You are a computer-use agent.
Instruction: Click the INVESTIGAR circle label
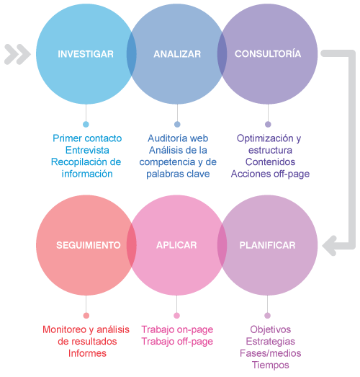(86, 54)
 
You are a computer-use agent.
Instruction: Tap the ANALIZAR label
(177, 54)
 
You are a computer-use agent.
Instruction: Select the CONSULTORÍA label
(268, 53)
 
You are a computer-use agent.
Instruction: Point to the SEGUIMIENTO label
(89, 245)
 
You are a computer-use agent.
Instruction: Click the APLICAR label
(176, 245)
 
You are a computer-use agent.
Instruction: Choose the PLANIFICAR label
(267, 245)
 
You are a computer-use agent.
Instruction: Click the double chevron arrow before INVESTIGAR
(17, 54)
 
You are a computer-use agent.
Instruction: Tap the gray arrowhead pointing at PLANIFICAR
(330, 246)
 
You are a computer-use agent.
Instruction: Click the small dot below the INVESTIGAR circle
(86, 124)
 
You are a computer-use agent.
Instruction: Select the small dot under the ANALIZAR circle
(177, 124)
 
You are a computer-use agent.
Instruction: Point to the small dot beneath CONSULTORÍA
(268, 124)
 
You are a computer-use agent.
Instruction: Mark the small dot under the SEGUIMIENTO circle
(86, 316)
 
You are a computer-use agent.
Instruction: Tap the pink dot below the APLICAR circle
(176, 316)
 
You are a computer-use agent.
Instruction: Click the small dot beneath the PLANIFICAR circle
(268, 316)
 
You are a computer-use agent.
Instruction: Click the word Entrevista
(87, 150)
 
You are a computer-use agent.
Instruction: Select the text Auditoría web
(178, 138)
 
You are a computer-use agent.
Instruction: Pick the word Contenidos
(270, 161)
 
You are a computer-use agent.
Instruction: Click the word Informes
(87, 353)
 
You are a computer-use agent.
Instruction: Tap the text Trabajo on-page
(177, 330)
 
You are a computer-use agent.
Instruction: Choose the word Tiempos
(271, 365)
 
